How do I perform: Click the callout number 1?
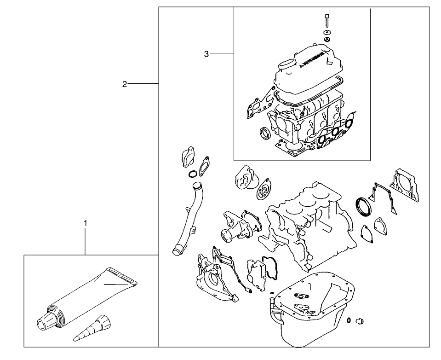[x=85, y=223]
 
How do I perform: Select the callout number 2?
[x=125, y=84]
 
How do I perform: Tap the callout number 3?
[x=206, y=54]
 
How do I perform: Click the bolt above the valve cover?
[x=327, y=20]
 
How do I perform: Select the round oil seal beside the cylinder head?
[x=265, y=134]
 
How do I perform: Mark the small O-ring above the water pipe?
[x=194, y=174]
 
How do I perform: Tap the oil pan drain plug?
[x=360, y=320]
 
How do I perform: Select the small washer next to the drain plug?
[x=350, y=320]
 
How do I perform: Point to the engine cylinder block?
[x=308, y=221]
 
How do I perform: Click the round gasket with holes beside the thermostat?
[x=264, y=191]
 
